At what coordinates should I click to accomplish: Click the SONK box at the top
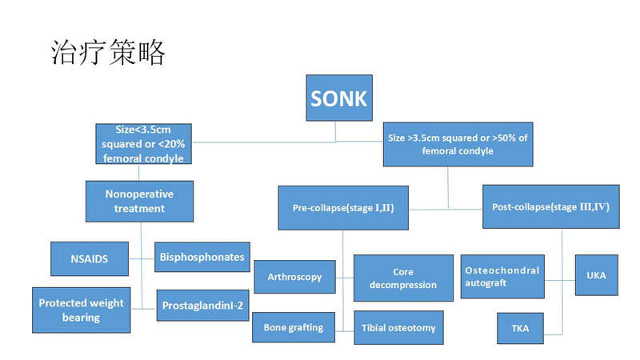click(x=339, y=98)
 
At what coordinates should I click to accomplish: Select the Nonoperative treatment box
click(x=139, y=202)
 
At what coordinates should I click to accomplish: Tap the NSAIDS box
click(x=90, y=258)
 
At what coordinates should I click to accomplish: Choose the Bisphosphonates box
click(x=202, y=257)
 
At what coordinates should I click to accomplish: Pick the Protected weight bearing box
click(x=82, y=310)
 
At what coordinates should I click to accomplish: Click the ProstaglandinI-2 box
click(x=203, y=306)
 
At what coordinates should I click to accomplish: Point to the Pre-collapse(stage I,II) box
click(x=343, y=208)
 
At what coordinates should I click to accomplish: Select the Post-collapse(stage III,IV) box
click(x=551, y=207)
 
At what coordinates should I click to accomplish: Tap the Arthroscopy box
click(x=294, y=277)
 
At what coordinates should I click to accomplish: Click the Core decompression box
click(x=403, y=278)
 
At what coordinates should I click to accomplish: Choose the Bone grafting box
click(x=294, y=327)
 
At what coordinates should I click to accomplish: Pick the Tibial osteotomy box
click(x=398, y=328)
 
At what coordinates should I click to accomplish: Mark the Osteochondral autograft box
click(x=502, y=277)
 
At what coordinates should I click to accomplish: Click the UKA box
click(x=596, y=275)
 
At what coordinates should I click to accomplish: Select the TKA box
click(x=521, y=329)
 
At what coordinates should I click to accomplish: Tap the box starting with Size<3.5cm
click(x=144, y=144)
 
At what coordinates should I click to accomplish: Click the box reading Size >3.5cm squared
click(x=458, y=145)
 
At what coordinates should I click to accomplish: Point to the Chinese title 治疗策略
click(x=108, y=52)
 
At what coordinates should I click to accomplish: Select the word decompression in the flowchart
click(x=403, y=285)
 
